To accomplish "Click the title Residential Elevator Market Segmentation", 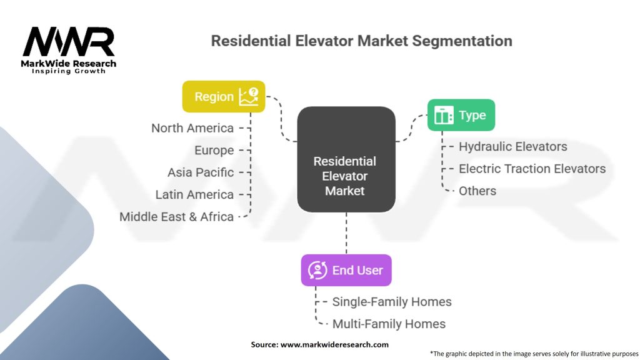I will coord(361,41).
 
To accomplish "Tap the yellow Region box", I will coord(223,97).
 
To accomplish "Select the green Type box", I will coord(461,116).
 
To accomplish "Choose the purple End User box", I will coord(346,270).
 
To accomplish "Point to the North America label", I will coord(192,128).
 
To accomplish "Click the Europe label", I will coord(214,151).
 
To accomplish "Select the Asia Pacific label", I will coord(201,172).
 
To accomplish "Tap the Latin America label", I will coord(194,195).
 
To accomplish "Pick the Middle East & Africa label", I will coord(177,217).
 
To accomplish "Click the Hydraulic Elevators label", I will coord(512,147).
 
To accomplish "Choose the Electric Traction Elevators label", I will coord(532,169).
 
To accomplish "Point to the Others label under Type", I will coord(477,191).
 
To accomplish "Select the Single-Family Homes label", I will coord(391,302).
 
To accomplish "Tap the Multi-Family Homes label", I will coord(389,324).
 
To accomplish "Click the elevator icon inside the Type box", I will coord(443,116).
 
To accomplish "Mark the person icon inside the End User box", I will coord(317,270).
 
